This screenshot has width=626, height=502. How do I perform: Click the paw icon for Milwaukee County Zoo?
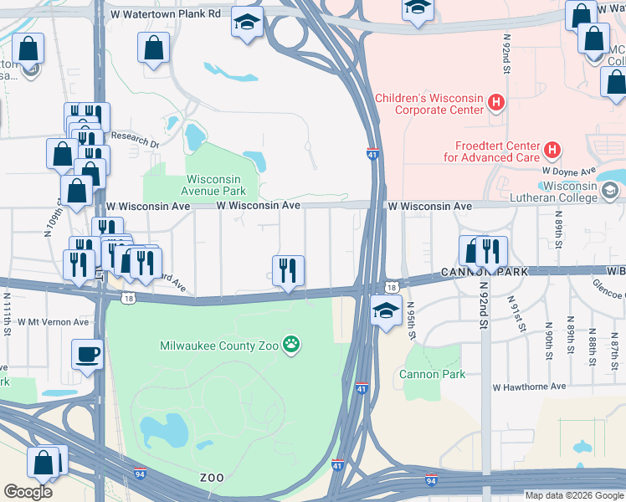click(291, 343)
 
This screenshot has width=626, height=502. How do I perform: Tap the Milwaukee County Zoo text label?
click(220, 345)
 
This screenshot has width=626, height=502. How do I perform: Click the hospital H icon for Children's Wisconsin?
click(496, 103)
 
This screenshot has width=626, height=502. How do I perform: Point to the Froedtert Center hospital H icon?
click(551, 151)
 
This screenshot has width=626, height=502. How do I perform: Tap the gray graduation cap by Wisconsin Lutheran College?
click(611, 192)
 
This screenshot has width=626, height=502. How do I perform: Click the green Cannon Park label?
click(433, 374)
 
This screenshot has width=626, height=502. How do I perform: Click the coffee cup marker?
click(87, 354)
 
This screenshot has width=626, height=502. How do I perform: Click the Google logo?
click(28, 491)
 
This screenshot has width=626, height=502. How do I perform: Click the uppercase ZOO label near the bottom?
click(212, 477)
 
